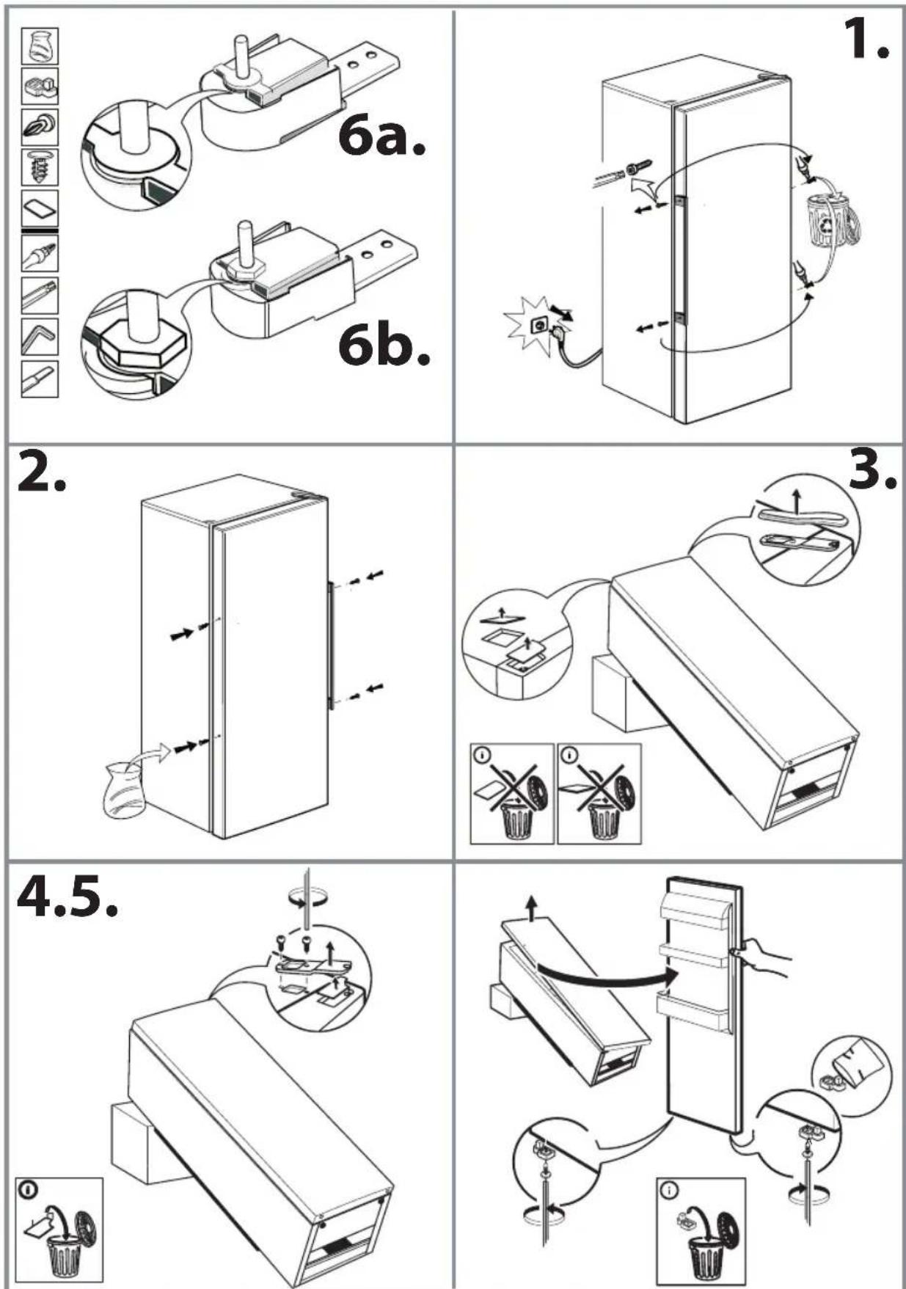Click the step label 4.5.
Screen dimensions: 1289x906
coord(67,897)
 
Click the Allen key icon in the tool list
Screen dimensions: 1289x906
coord(39,337)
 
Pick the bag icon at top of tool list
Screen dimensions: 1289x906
coord(40,47)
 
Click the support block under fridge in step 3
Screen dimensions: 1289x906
coord(610,692)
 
